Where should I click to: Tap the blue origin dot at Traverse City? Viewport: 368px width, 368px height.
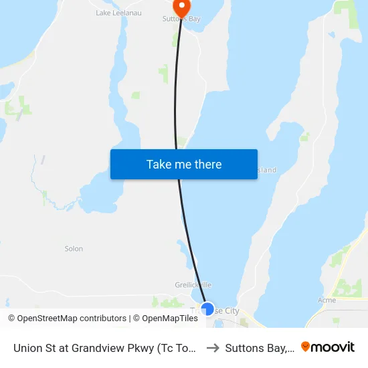point(207,309)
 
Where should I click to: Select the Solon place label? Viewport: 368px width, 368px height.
point(74,249)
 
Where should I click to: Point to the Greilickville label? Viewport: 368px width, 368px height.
point(193,285)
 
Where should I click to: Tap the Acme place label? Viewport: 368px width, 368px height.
point(327,300)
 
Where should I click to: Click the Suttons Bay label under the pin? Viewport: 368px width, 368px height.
point(181,19)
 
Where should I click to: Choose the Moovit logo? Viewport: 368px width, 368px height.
point(328,347)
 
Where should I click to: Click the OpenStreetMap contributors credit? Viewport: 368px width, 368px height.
point(67,318)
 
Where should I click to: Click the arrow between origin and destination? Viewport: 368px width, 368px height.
point(213,347)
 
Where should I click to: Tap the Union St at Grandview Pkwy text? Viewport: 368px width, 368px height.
point(104,348)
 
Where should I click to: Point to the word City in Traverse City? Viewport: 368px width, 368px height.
point(232,311)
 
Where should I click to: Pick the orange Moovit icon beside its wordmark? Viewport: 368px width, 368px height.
point(306,347)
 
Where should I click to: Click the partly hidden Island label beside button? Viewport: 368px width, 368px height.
point(267,171)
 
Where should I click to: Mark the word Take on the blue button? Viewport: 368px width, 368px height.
point(159,165)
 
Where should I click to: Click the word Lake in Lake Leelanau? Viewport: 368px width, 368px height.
point(104,13)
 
